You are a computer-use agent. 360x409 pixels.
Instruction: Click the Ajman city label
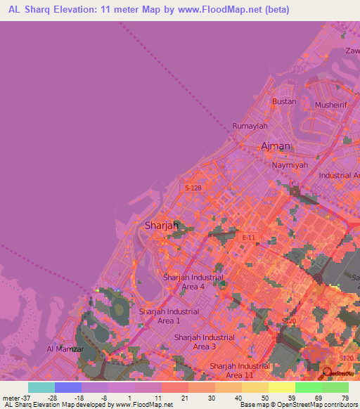tap(276, 146)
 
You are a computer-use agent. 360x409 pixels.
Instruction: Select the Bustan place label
tap(284, 101)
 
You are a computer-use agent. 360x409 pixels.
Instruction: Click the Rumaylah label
tap(250, 126)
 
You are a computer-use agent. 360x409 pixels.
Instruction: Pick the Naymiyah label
tap(290, 164)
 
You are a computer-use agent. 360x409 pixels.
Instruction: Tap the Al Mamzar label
tap(65, 349)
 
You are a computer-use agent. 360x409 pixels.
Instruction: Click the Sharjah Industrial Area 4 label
tap(193, 282)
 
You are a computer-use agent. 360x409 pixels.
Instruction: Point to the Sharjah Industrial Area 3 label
tap(205, 342)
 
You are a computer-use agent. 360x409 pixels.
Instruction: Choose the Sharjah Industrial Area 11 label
tap(240, 370)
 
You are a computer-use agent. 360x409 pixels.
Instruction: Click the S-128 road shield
tap(193, 188)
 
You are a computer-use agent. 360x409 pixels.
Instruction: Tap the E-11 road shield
tap(248, 238)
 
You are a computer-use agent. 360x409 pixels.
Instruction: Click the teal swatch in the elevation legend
tap(41, 387)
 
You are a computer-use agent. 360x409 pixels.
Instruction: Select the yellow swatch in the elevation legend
tap(281, 387)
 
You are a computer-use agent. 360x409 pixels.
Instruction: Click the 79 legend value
tap(344, 398)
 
